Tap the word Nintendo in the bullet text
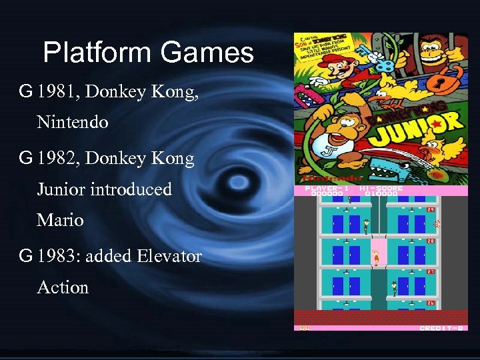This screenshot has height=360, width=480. (73, 123)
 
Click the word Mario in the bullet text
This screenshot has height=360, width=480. (60, 220)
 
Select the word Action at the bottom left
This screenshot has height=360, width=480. (63, 287)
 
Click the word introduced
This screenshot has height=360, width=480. (131, 189)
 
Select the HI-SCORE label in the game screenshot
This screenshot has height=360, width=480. (381, 189)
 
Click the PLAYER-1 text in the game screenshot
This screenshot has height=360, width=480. (327, 189)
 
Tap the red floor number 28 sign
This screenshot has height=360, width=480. (431, 241)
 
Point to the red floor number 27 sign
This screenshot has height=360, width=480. (431, 272)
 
